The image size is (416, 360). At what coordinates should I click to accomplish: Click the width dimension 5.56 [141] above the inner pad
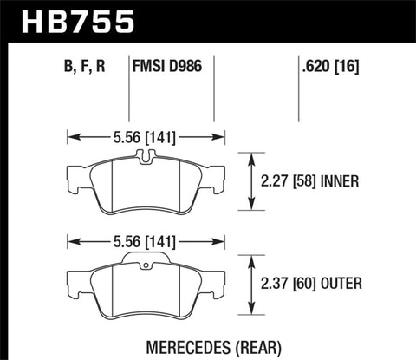(146, 135)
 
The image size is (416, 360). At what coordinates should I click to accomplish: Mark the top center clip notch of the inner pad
(146, 156)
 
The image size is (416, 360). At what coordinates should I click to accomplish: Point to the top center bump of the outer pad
(146, 258)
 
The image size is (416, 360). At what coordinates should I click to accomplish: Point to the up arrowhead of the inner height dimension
(251, 156)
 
